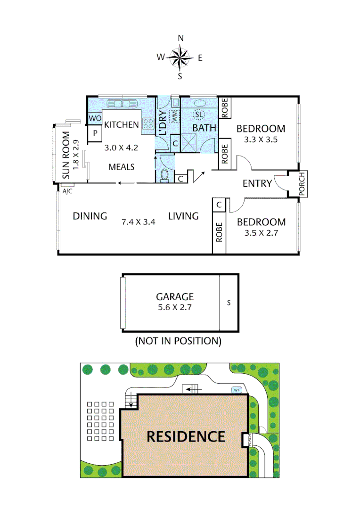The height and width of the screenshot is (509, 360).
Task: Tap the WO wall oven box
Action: click(94, 119)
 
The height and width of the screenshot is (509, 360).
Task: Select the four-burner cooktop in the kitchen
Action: click(148, 123)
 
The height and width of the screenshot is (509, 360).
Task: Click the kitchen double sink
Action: click(121, 103)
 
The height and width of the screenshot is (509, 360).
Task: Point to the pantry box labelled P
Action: click(95, 133)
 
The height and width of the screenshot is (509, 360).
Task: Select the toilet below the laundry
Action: click(164, 175)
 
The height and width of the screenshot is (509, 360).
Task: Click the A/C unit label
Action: click(67, 191)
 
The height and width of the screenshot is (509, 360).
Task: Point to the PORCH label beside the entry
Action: click(303, 183)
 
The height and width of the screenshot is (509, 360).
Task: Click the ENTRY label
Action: click(257, 183)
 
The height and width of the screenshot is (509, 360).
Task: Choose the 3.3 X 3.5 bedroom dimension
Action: click(261, 140)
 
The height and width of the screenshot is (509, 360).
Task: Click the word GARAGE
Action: click(175, 297)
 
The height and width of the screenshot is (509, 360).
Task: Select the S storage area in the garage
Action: click(229, 303)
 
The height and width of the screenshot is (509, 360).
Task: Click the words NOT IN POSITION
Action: click(178, 340)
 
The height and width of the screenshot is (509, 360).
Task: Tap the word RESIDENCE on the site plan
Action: click(186, 436)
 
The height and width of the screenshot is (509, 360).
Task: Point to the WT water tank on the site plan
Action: click(236, 390)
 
